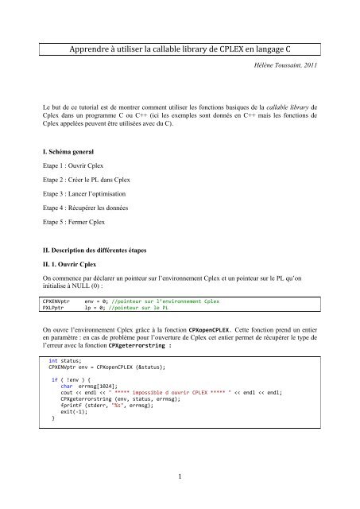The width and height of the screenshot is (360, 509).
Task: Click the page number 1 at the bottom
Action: click(x=180, y=477)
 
